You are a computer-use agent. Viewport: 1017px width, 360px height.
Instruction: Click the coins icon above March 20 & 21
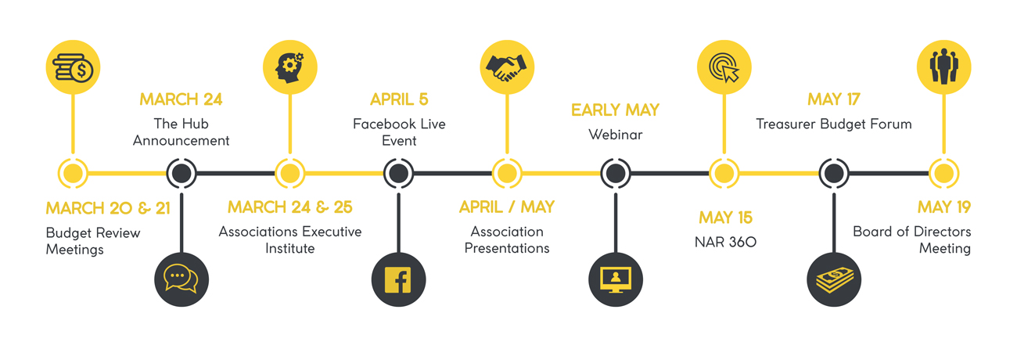73,67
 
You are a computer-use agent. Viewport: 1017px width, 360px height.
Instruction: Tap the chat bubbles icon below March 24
181,279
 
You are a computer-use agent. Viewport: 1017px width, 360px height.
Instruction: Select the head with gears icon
289,67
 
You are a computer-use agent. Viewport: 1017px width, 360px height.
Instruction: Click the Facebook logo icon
398,279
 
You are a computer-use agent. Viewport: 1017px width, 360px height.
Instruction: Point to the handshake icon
507,67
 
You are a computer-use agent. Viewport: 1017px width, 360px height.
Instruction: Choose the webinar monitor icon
615,279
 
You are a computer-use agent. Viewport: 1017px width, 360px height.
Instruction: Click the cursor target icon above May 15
724,67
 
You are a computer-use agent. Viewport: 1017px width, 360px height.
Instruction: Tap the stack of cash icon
834,279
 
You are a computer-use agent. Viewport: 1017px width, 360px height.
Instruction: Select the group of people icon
944,67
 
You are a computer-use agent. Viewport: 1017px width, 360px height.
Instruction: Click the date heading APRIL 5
399,99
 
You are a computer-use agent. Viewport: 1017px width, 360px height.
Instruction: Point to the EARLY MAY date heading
615,110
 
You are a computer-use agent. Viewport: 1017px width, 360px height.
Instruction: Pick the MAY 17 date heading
834,99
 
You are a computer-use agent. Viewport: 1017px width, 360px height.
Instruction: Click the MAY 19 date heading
944,207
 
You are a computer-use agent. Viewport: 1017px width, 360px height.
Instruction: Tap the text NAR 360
725,242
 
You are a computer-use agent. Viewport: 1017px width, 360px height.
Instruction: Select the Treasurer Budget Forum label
834,124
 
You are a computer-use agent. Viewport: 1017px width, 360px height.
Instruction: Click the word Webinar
615,135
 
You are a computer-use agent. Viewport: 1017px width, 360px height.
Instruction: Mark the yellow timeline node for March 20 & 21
73,173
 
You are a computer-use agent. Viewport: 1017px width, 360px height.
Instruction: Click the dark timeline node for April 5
398,173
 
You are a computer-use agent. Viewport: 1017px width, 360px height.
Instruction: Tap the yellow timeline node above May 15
724,173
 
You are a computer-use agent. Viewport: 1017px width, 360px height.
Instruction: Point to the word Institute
289,248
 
